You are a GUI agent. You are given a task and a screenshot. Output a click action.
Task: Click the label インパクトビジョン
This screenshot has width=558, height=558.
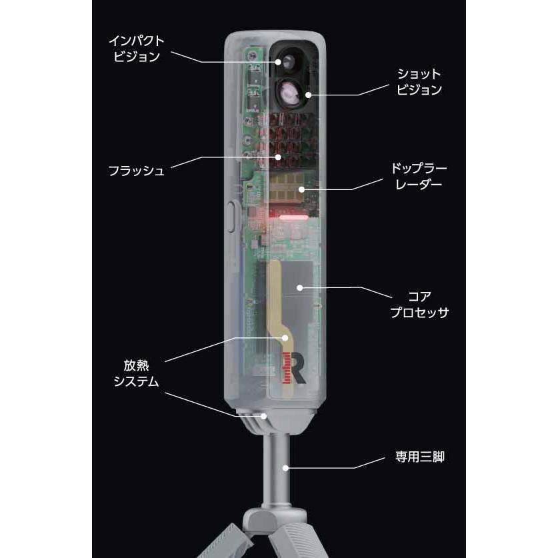click(136, 49)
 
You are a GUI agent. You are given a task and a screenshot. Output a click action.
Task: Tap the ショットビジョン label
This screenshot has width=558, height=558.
click(419, 82)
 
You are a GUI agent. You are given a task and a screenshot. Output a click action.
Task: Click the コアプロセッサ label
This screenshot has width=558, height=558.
click(419, 304)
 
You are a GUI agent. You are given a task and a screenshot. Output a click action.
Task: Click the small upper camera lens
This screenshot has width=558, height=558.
click(286, 62)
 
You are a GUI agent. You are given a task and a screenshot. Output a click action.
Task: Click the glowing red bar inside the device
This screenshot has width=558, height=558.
click(293, 217)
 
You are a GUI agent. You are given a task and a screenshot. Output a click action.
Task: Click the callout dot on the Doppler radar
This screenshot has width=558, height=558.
click(302, 189)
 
